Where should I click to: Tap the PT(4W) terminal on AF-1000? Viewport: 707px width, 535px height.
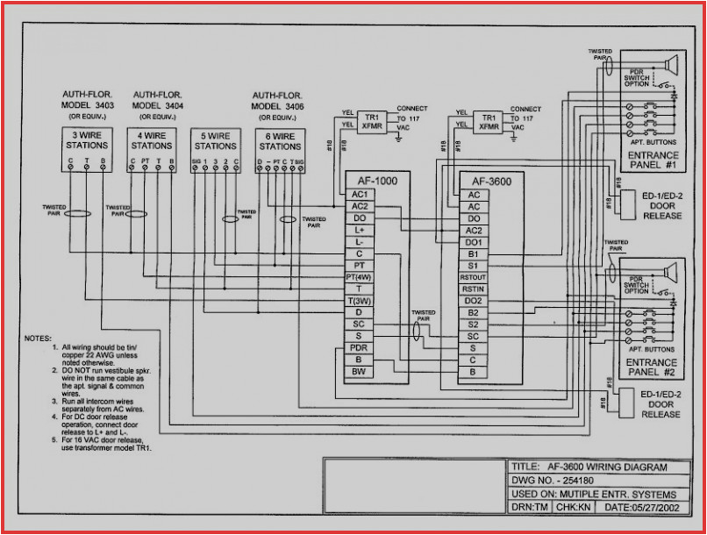tap(359, 276)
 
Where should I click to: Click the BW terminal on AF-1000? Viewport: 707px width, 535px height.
tap(359, 372)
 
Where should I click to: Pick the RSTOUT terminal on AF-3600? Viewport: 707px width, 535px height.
tap(474, 277)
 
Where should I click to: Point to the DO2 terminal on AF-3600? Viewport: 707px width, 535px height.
tap(474, 301)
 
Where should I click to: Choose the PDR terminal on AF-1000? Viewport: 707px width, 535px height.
tap(359, 348)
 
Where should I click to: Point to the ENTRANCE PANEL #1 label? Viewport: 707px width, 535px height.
tap(653, 160)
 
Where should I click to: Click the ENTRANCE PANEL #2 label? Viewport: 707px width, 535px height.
tap(652, 367)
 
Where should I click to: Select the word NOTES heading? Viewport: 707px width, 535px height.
tap(39, 338)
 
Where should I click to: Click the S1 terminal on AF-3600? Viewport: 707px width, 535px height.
tap(474, 265)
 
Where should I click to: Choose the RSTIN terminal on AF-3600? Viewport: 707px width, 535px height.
tap(474, 289)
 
